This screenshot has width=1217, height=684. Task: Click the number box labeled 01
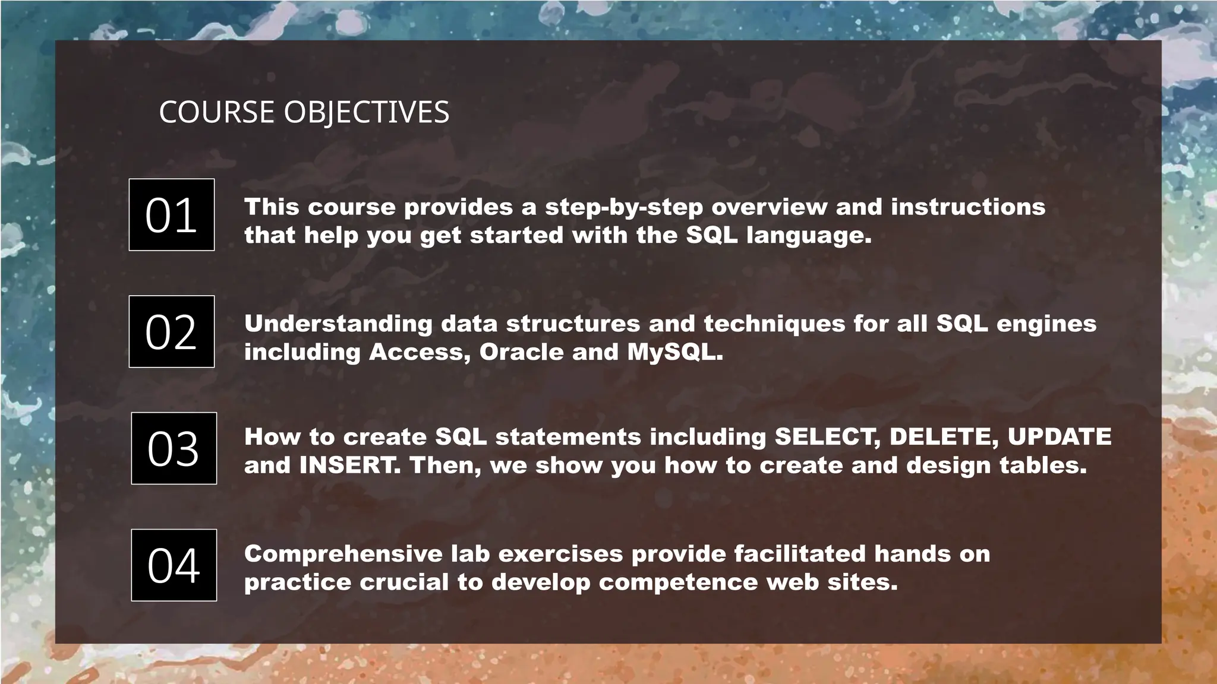tap(172, 214)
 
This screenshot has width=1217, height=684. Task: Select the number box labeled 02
tap(172, 331)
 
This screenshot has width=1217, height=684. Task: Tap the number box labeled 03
tap(174, 448)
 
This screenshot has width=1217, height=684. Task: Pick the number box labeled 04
tap(174, 565)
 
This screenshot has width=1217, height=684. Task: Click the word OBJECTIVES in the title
tap(366, 112)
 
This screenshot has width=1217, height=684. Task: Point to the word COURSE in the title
tap(216, 112)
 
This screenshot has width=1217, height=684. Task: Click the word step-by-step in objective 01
tap(624, 207)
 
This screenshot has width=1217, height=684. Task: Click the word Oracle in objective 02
tap(521, 352)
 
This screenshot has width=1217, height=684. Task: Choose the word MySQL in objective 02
tap(674, 352)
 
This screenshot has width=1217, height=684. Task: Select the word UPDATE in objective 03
tap(1060, 437)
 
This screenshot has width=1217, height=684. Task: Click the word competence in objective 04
tap(678, 582)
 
